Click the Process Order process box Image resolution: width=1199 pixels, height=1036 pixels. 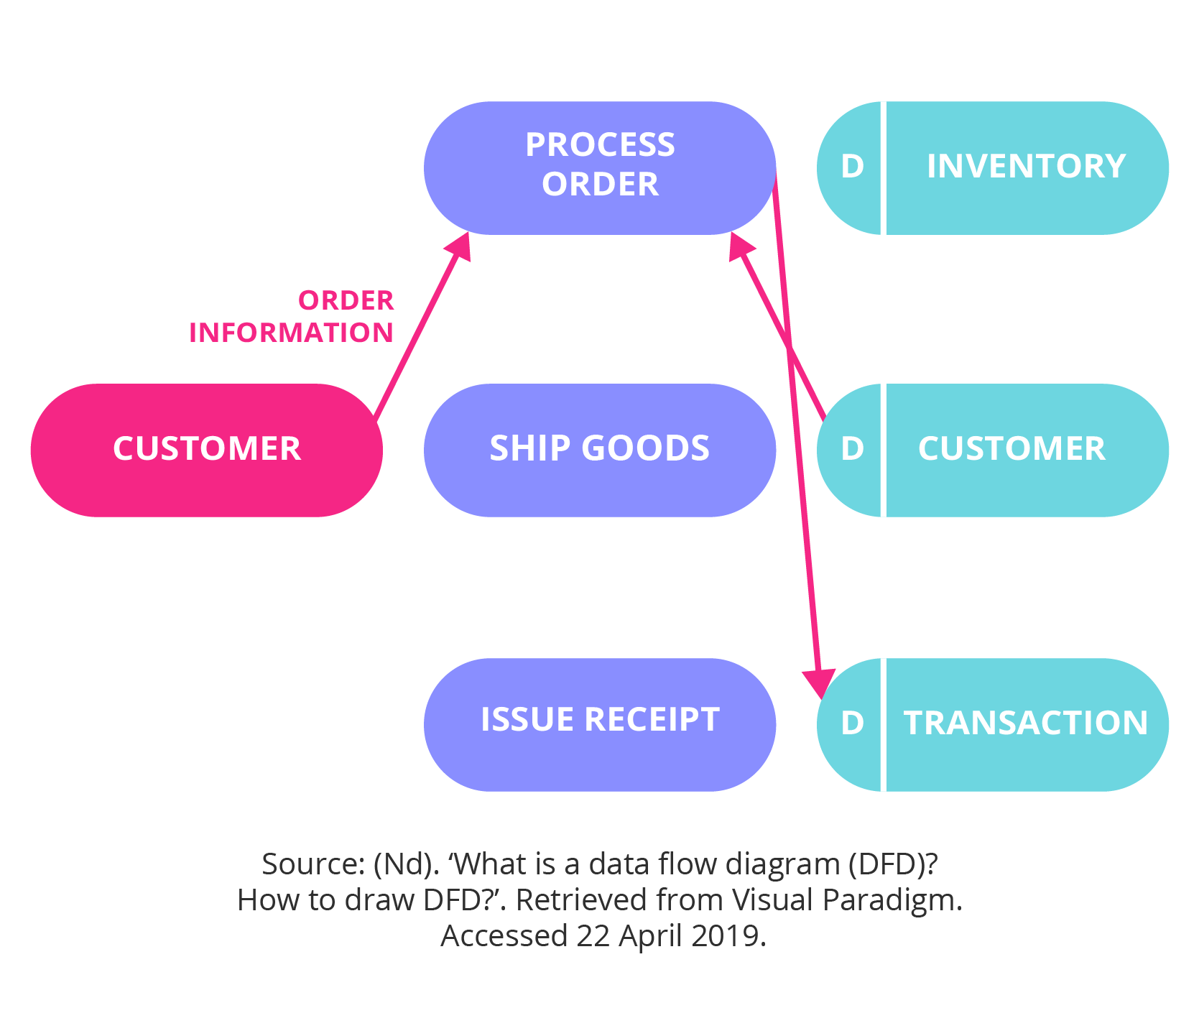point(600,168)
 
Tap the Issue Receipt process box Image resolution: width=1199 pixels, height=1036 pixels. point(600,724)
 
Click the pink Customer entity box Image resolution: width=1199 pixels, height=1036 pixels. point(207,450)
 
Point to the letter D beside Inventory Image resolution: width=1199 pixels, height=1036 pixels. point(852,167)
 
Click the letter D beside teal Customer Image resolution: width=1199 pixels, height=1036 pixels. point(852,449)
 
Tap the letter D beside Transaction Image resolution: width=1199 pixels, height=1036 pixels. point(852,723)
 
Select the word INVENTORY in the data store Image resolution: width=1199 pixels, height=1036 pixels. point(1026,167)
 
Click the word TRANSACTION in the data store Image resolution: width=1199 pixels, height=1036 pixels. point(1026,723)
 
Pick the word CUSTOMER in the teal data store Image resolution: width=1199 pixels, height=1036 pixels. point(1011,449)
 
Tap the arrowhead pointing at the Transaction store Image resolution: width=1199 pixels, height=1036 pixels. point(819,683)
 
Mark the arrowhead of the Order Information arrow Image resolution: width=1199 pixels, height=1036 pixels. point(458,244)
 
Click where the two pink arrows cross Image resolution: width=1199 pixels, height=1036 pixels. point(789,349)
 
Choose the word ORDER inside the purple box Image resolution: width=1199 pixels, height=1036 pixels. point(600,185)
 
